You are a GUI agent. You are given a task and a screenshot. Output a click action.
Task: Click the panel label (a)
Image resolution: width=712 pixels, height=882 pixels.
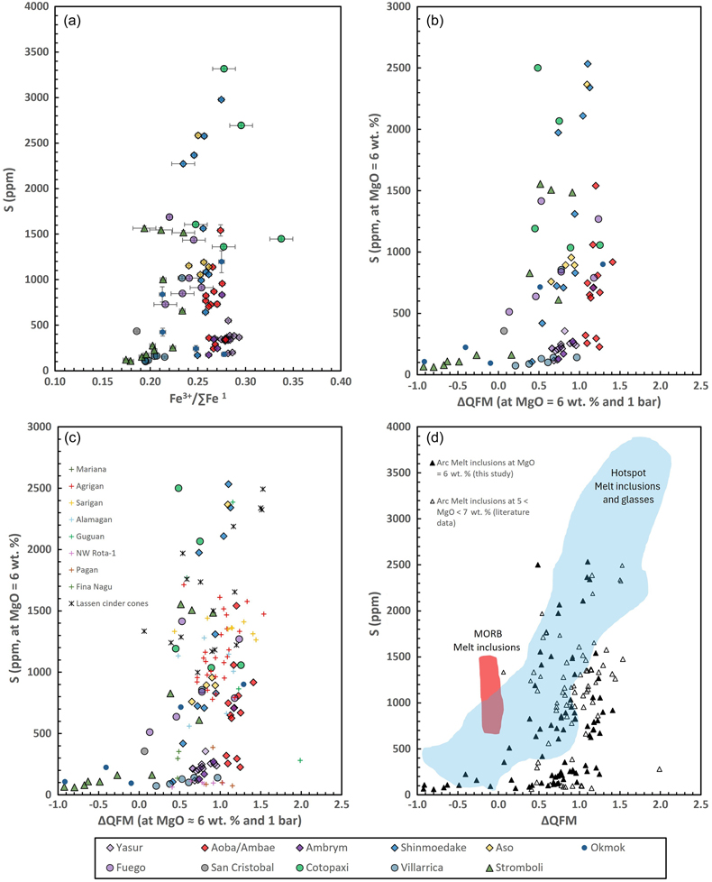72,21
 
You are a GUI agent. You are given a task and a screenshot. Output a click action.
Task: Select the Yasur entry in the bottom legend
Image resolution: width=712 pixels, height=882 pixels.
124,848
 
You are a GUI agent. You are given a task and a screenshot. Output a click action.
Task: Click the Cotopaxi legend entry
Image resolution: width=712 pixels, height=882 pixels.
322,868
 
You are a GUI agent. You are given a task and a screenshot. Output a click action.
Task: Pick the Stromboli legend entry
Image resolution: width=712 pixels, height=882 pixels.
514,868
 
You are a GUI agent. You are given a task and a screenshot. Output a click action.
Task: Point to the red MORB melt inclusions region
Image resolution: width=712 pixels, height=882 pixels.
491,694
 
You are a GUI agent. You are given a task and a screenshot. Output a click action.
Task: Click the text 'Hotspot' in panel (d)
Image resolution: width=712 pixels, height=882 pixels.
628,473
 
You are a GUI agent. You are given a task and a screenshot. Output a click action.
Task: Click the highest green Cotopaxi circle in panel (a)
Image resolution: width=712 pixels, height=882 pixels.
224,69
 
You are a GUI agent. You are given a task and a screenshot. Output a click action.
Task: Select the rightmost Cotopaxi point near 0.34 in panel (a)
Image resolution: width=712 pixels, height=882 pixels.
281,238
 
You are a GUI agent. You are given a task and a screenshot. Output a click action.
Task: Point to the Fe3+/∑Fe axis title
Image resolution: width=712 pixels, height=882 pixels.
197,399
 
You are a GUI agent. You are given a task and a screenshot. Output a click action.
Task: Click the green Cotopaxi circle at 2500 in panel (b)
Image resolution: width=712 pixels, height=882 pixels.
538,68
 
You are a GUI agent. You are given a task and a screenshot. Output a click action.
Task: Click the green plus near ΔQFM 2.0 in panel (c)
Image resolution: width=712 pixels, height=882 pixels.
300,760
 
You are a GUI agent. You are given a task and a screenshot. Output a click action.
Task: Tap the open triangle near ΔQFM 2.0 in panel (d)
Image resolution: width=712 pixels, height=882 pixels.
659,769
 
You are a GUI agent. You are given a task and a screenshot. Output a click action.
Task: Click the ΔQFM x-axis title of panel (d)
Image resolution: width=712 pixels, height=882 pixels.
559,821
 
